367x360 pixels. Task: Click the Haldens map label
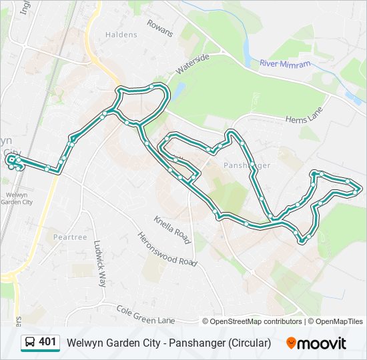tap(121, 35)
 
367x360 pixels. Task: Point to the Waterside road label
tap(193, 64)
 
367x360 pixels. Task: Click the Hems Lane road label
tap(304, 115)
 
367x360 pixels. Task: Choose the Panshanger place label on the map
tap(247, 165)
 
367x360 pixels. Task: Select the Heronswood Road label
tap(167, 249)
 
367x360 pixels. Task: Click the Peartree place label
tap(71, 237)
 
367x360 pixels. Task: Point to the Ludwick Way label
tap(99, 263)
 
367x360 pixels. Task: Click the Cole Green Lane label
tap(145, 315)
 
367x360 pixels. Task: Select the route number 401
tap(48, 343)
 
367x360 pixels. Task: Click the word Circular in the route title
tap(250, 343)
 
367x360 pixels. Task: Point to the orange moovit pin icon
tap(292, 343)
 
